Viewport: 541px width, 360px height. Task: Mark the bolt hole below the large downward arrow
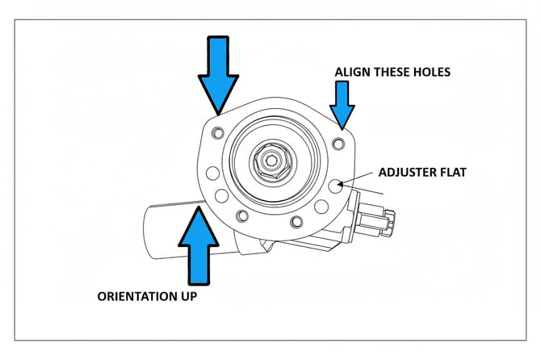(x=216, y=132)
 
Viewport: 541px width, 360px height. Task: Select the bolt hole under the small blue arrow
(x=339, y=144)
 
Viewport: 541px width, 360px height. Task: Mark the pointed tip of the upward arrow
(x=199, y=207)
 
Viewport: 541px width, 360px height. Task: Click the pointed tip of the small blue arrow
(x=342, y=129)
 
